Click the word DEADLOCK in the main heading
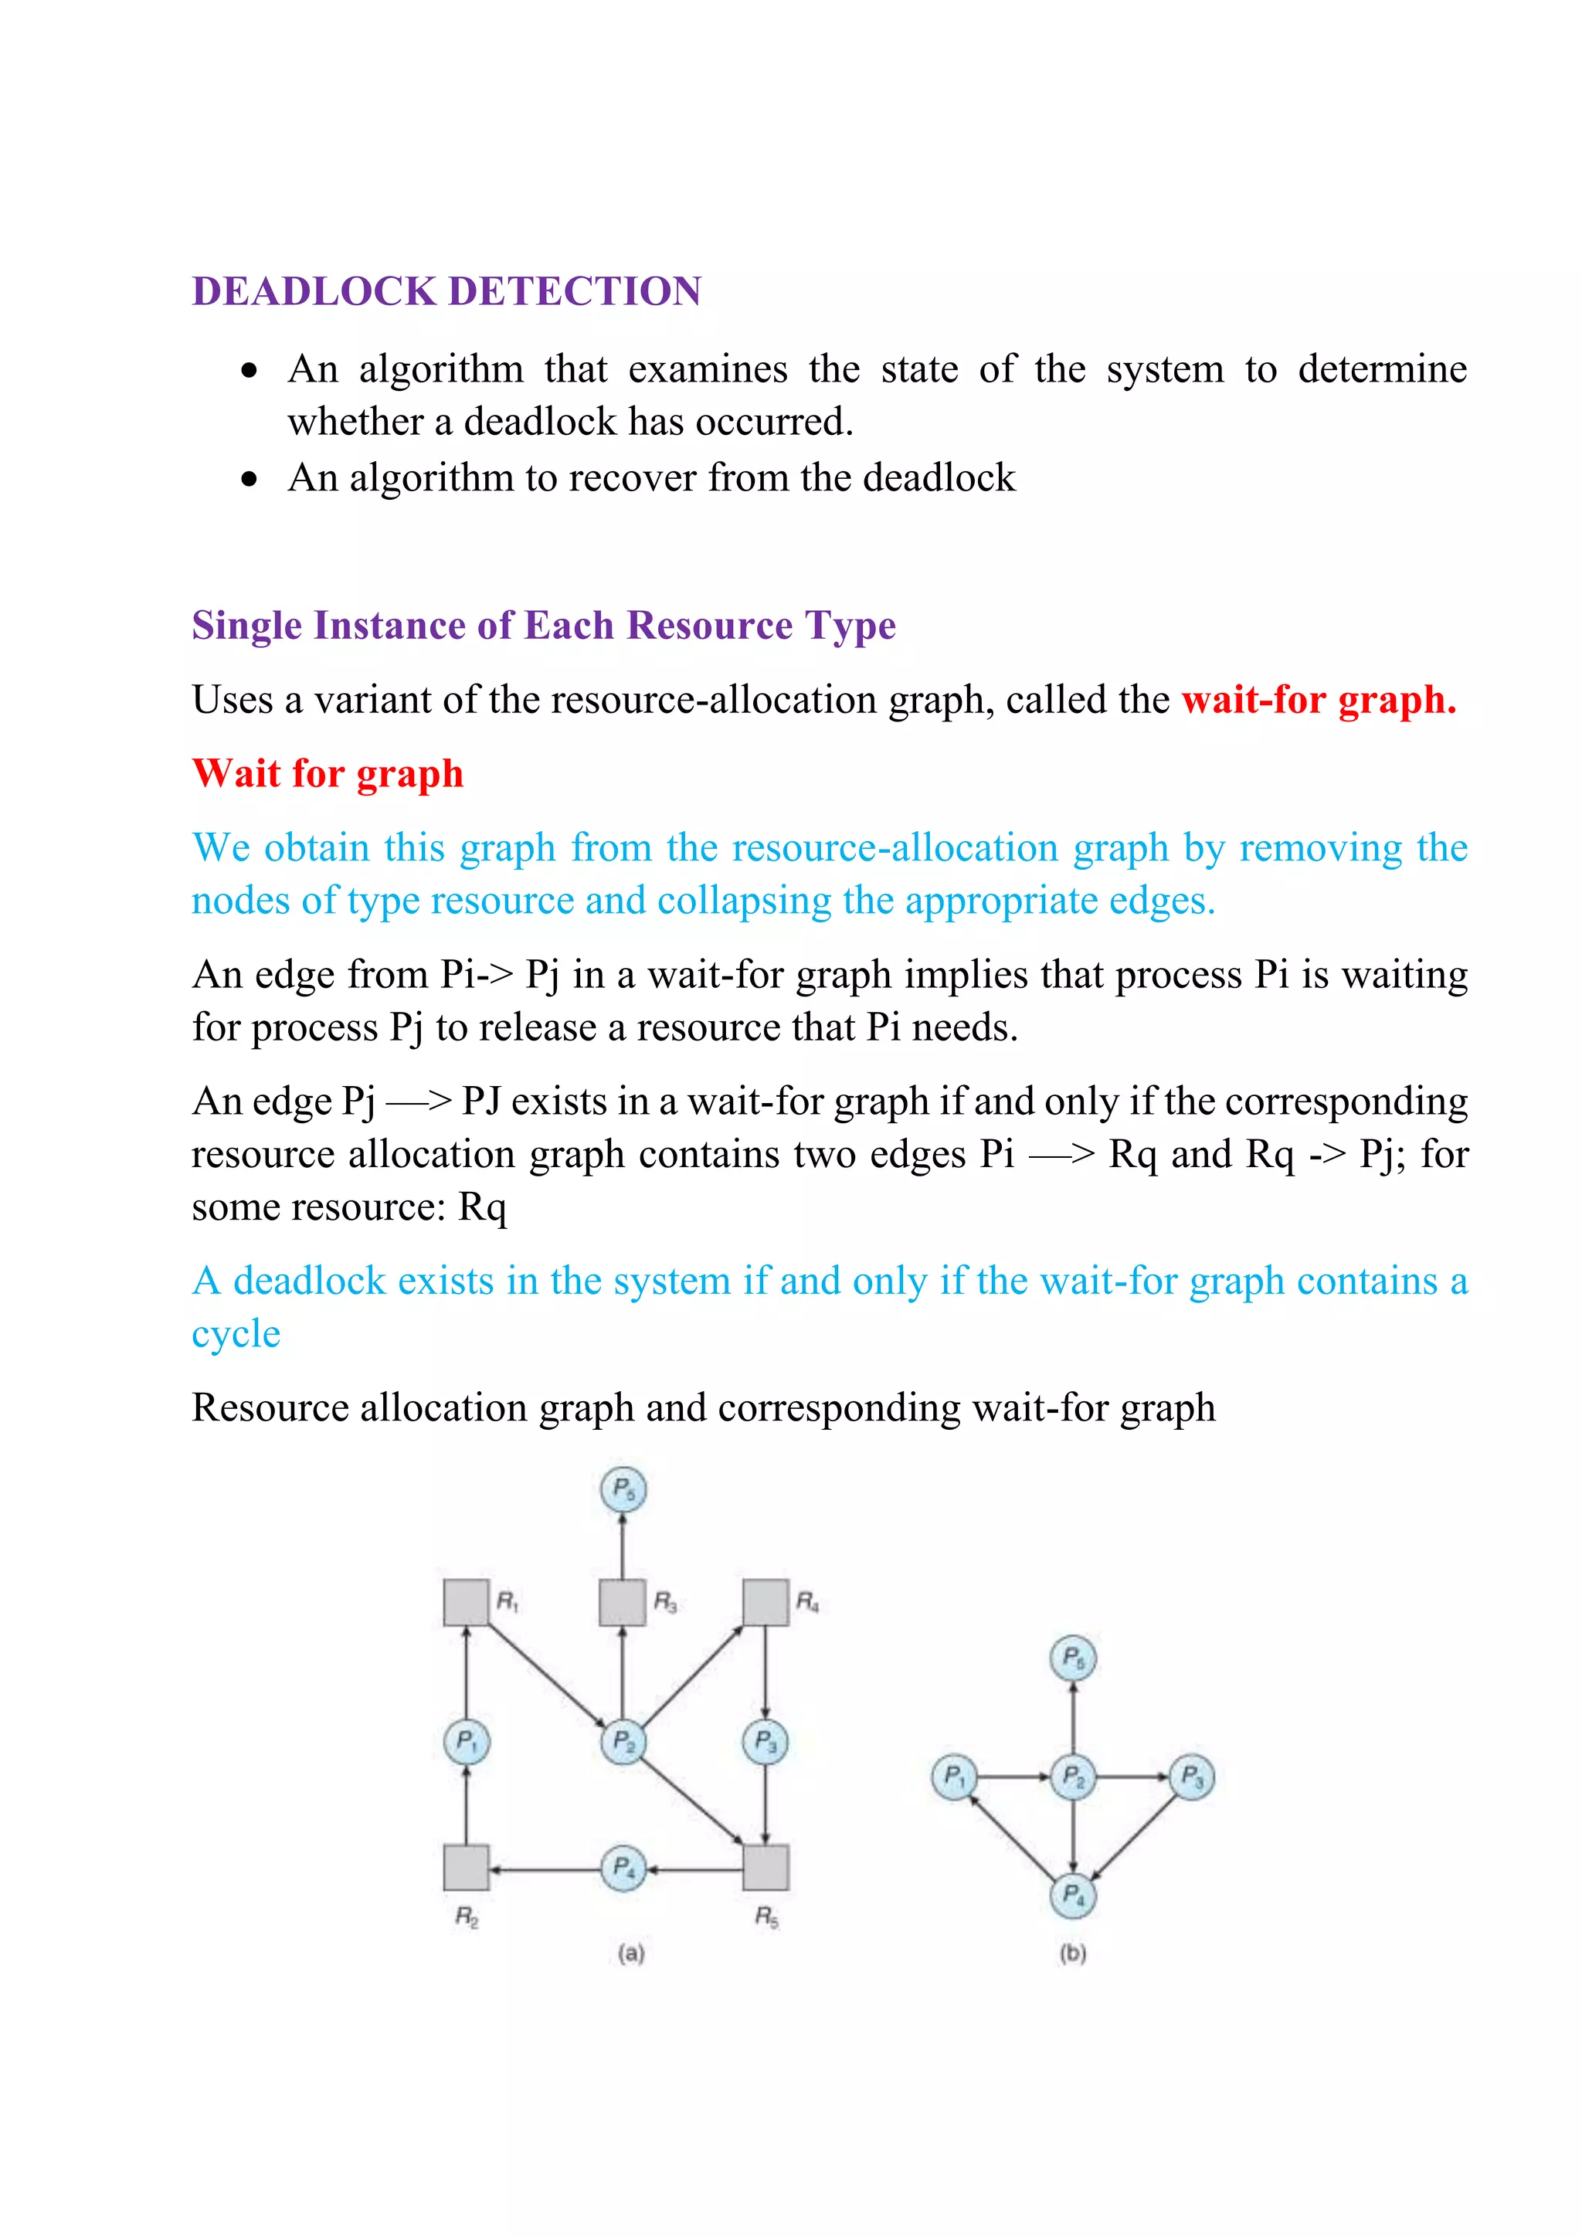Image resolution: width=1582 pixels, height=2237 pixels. (x=314, y=291)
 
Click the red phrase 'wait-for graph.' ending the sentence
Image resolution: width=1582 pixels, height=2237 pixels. (x=1318, y=700)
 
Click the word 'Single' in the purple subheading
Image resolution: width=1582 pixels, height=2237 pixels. (x=246, y=626)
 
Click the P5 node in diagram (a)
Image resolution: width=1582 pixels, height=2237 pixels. (x=623, y=1490)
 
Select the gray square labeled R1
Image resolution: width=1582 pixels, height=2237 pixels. (x=466, y=1603)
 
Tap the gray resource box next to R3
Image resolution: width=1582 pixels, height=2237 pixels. (x=622, y=1603)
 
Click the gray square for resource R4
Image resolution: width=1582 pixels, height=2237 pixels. (x=766, y=1603)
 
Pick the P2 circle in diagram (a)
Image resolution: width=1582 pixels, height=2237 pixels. (x=623, y=1742)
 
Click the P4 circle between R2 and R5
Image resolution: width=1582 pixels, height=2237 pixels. (x=623, y=1868)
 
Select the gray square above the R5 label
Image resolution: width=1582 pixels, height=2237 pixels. (x=766, y=1868)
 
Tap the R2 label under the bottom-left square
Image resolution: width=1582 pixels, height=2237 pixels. (x=467, y=1917)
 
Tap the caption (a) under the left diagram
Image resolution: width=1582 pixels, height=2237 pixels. (x=631, y=1953)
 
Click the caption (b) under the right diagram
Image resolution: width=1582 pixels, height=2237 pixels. (x=1072, y=1953)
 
